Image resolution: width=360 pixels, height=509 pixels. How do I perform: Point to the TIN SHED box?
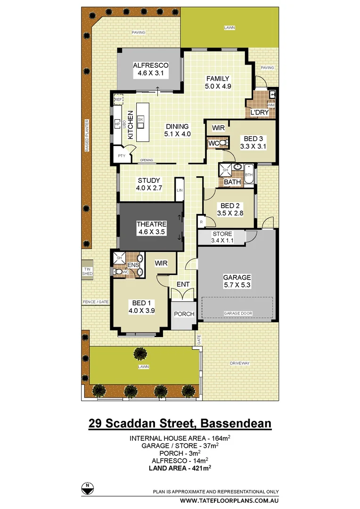click(88, 271)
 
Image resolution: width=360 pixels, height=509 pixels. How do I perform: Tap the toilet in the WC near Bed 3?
click(223, 142)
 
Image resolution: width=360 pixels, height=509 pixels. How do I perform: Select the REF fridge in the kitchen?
click(118, 100)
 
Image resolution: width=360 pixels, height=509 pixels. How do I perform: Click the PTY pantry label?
click(121, 156)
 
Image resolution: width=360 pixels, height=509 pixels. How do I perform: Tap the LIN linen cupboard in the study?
click(180, 190)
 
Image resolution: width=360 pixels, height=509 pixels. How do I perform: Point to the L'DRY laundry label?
click(259, 113)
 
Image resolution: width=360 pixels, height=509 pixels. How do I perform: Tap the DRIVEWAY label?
click(240, 363)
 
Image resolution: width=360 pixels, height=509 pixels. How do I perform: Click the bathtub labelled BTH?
click(249, 174)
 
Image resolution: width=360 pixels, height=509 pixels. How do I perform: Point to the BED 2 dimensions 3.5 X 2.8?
click(230, 213)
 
